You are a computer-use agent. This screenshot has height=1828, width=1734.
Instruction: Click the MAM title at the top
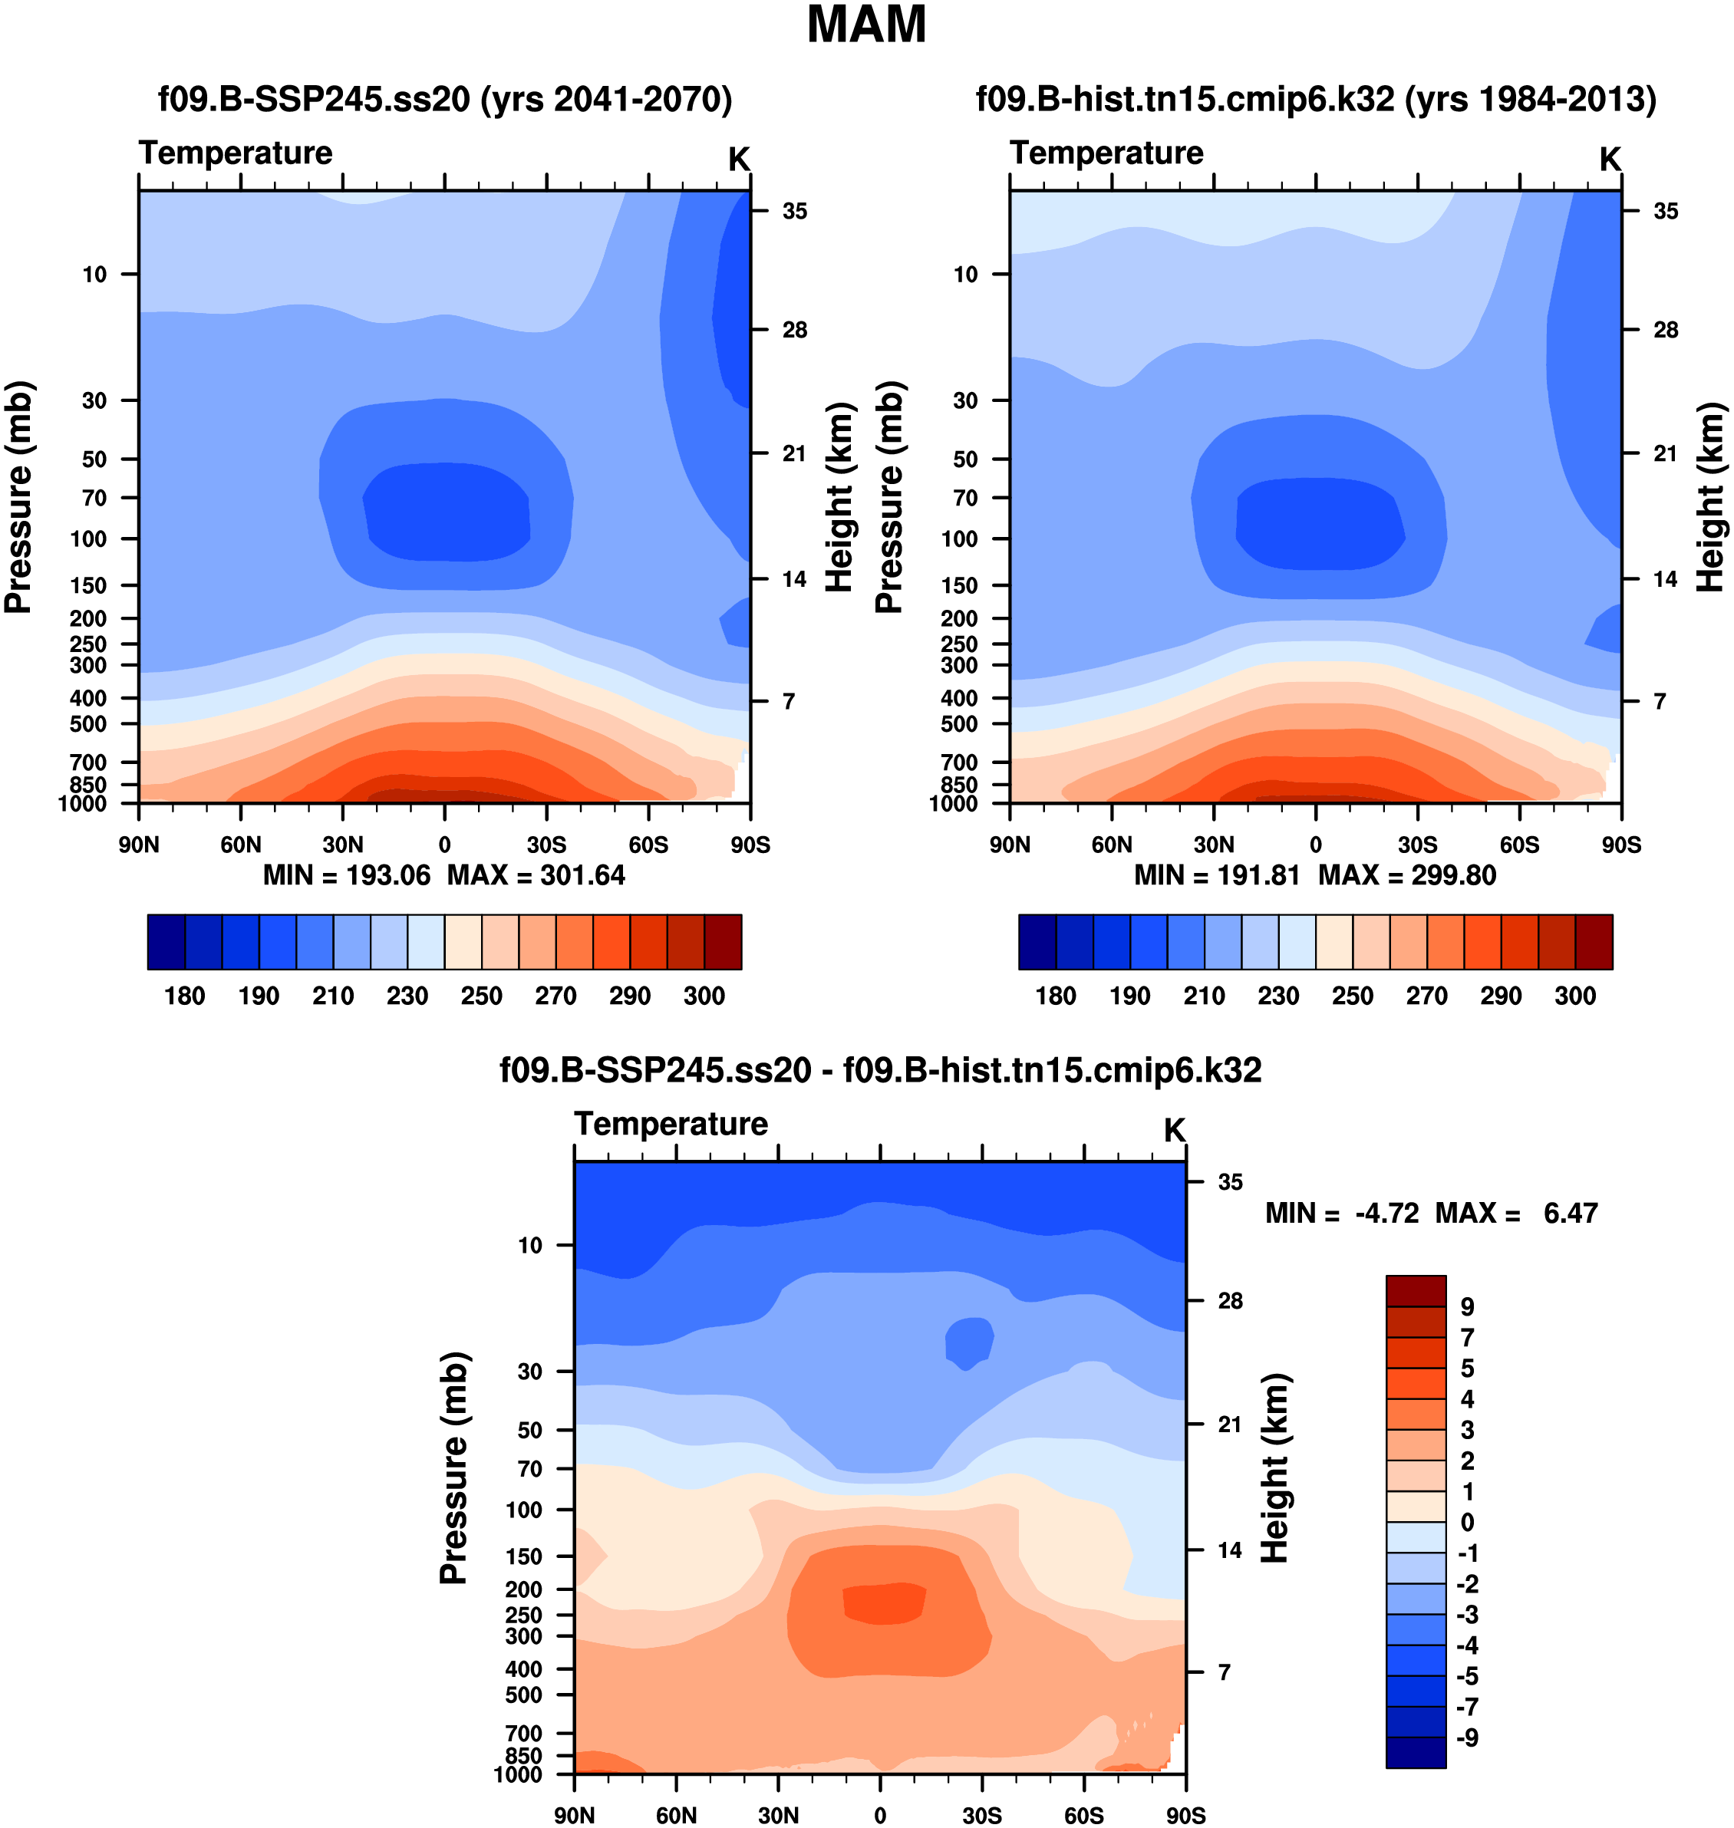866,25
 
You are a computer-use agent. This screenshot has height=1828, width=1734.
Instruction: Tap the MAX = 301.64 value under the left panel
536,875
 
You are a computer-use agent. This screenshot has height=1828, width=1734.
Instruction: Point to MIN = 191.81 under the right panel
1216,875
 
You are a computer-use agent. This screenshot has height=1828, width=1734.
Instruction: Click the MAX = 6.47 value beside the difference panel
1516,1213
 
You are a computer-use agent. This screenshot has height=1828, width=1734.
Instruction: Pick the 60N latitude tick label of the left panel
240,845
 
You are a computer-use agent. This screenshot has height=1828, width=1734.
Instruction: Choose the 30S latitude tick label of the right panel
1417,845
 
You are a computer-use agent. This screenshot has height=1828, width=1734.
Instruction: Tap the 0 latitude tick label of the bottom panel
880,1815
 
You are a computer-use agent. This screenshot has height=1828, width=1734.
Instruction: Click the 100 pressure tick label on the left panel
89,539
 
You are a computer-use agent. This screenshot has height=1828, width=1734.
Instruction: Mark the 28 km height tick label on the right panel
1666,330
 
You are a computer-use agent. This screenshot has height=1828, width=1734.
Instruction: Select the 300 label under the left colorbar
704,996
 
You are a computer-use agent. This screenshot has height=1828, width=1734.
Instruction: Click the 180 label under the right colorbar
1056,996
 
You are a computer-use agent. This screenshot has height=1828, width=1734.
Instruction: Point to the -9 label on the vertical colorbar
1467,1738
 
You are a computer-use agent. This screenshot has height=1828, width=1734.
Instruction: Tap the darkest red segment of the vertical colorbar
1415,1290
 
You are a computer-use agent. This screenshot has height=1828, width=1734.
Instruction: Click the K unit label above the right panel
1610,160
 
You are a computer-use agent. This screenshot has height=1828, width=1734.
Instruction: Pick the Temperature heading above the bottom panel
671,1124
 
